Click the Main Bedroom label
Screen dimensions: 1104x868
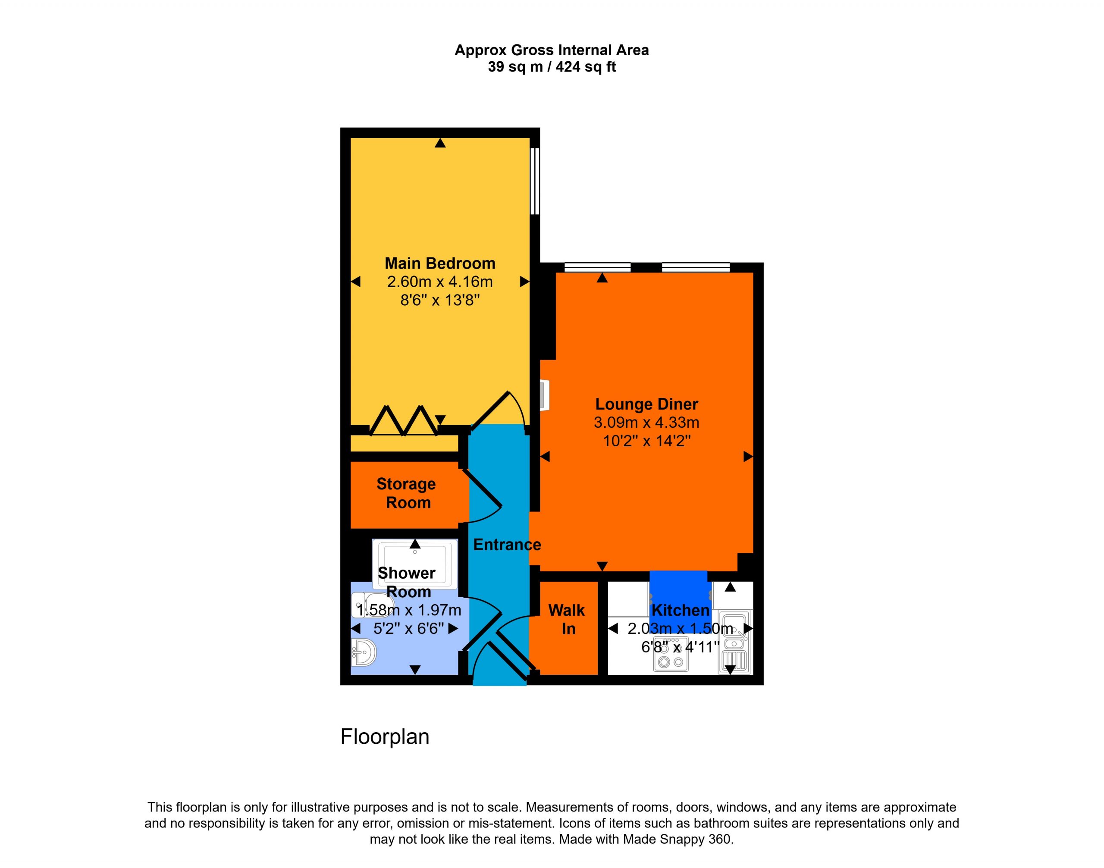tap(440, 263)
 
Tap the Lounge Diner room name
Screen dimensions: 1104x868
tap(646, 404)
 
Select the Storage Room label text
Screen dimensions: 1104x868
tap(407, 493)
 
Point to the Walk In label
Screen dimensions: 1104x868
tap(567, 619)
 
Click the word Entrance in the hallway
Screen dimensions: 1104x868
tap(507, 545)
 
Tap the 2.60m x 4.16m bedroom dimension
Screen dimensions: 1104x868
tap(440, 282)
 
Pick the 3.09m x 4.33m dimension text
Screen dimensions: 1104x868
tap(646, 422)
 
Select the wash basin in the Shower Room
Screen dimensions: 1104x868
tap(364, 652)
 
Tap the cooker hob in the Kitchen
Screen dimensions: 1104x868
tap(671, 654)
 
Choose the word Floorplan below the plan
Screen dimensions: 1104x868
tap(385, 737)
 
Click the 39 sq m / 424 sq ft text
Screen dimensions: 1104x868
tap(552, 66)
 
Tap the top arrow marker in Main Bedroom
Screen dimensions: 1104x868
tap(440, 143)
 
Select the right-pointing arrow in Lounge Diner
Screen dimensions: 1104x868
tap(748, 457)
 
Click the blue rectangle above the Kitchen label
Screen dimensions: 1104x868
tap(678, 600)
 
